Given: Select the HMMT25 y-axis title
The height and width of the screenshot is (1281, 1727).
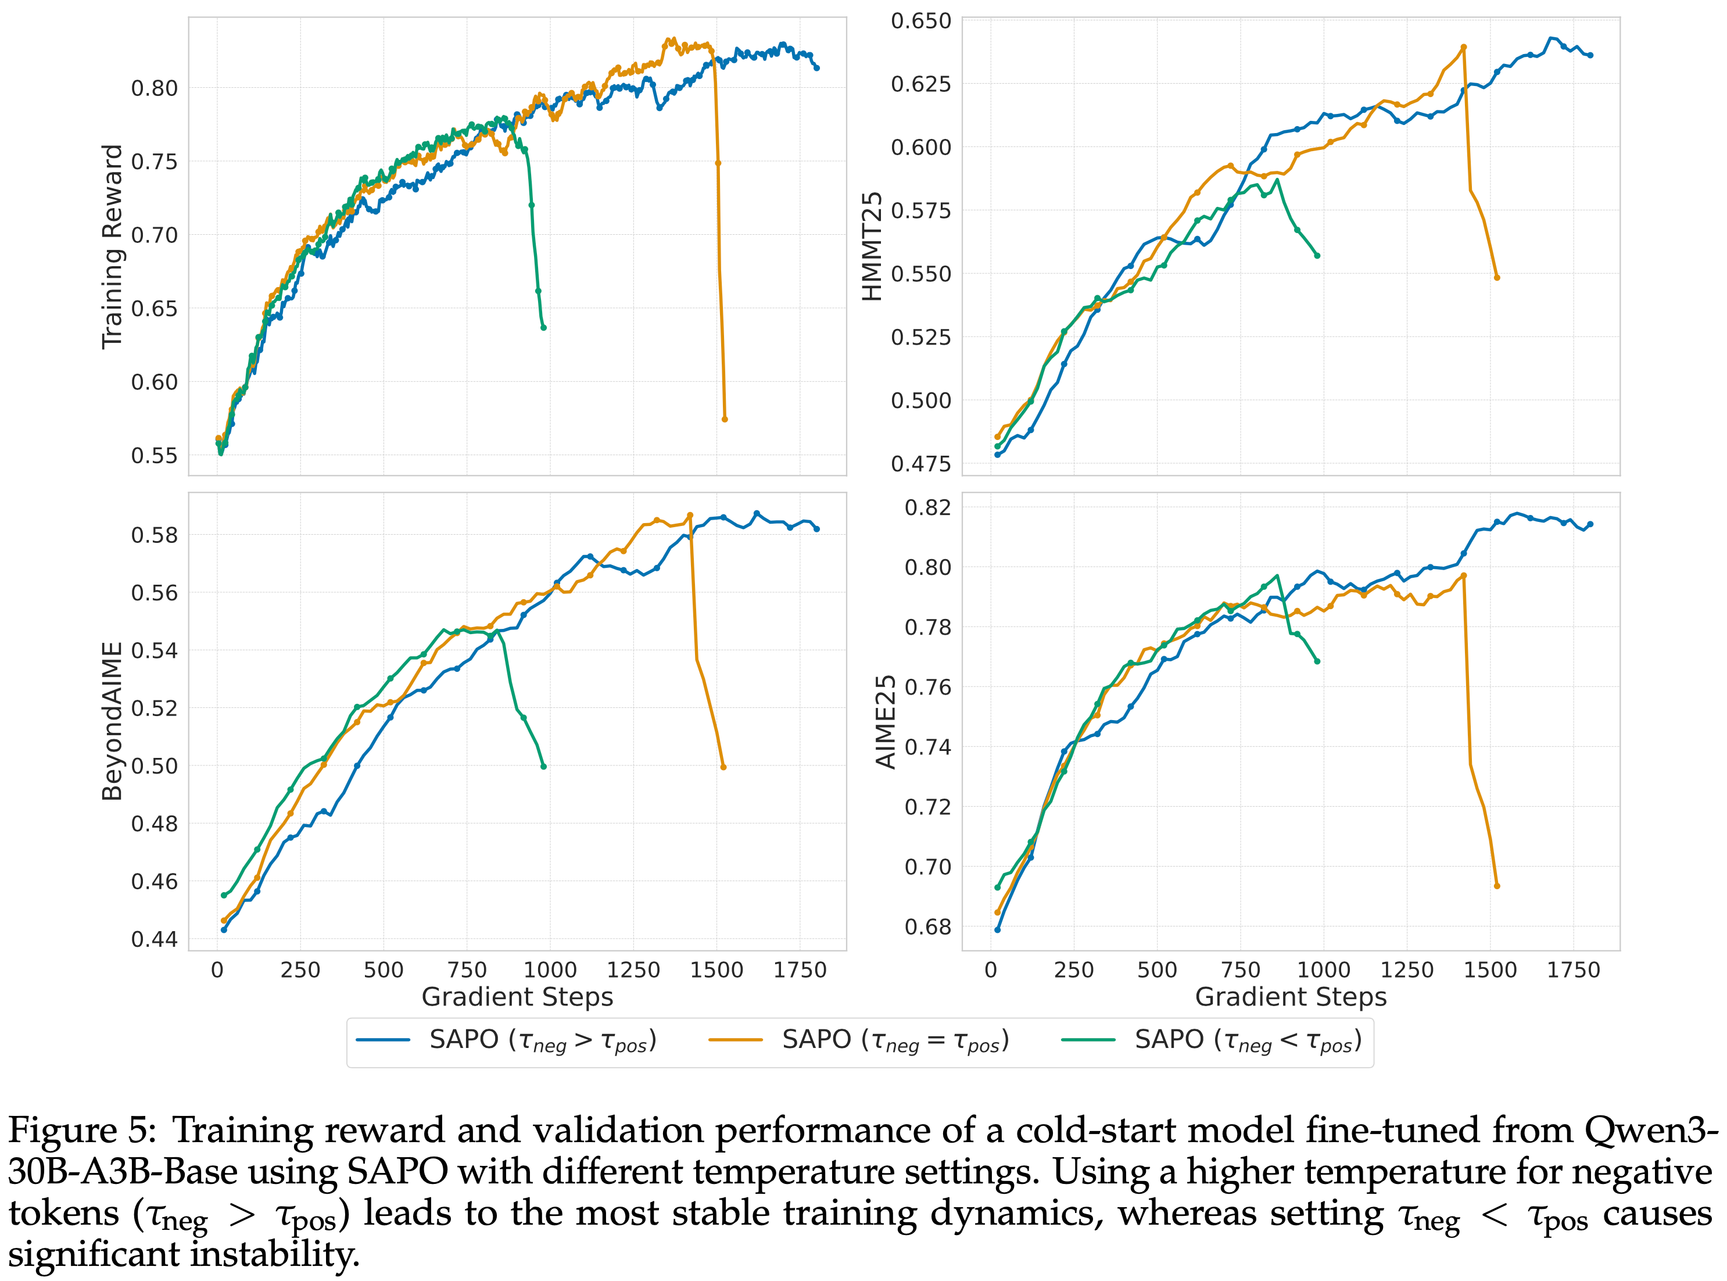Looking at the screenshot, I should coord(873,246).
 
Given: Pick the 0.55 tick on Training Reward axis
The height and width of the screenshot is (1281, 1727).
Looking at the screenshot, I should coord(154,455).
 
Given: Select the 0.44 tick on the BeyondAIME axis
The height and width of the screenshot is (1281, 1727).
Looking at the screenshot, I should coord(154,939).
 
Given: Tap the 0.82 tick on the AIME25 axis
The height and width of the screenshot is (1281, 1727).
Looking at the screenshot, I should coord(928,507).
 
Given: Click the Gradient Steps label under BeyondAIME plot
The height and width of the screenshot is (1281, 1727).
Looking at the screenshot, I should coord(517,997).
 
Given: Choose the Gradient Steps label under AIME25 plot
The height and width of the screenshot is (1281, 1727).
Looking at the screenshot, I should coord(1291,997).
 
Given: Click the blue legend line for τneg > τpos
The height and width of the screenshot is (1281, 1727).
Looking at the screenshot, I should coord(383,1040).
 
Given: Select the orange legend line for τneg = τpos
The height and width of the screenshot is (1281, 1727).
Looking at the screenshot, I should coord(736,1040).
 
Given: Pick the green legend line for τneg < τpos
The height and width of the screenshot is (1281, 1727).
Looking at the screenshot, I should coord(1088,1040).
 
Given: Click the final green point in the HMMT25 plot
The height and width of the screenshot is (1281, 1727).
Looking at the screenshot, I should coord(1317,256).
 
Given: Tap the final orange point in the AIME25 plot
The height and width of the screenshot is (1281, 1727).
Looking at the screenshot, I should coord(1497,886).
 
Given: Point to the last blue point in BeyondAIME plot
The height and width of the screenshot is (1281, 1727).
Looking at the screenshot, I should coord(817,529).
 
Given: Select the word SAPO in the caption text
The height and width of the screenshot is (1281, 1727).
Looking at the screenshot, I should coord(397,1172).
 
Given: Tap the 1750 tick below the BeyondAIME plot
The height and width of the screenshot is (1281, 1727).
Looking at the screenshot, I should coord(800,970).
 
